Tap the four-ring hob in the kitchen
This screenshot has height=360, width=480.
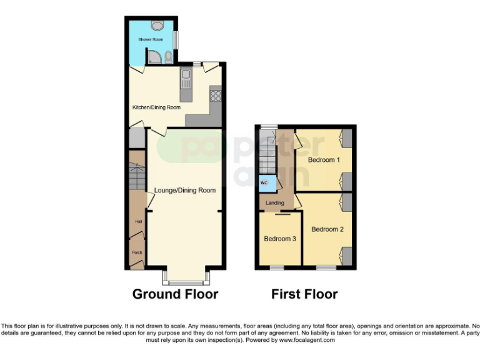(x=216, y=96)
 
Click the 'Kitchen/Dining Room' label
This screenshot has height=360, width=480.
(x=156, y=107)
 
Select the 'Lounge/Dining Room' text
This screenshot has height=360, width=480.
(x=185, y=191)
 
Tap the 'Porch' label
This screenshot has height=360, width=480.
(x=137, y=252)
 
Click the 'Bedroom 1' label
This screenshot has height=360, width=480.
(x=324, y=160)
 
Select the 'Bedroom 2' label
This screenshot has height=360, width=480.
(x=327, y=229)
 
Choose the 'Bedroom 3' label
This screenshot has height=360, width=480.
(x=279, y=239)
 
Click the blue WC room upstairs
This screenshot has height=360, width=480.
(x=264, y=182)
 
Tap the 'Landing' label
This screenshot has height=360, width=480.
(x=275, y=203)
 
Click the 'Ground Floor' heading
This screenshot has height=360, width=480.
(x=175, y=294)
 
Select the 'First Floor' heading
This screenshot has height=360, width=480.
(x=304, y=294)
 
